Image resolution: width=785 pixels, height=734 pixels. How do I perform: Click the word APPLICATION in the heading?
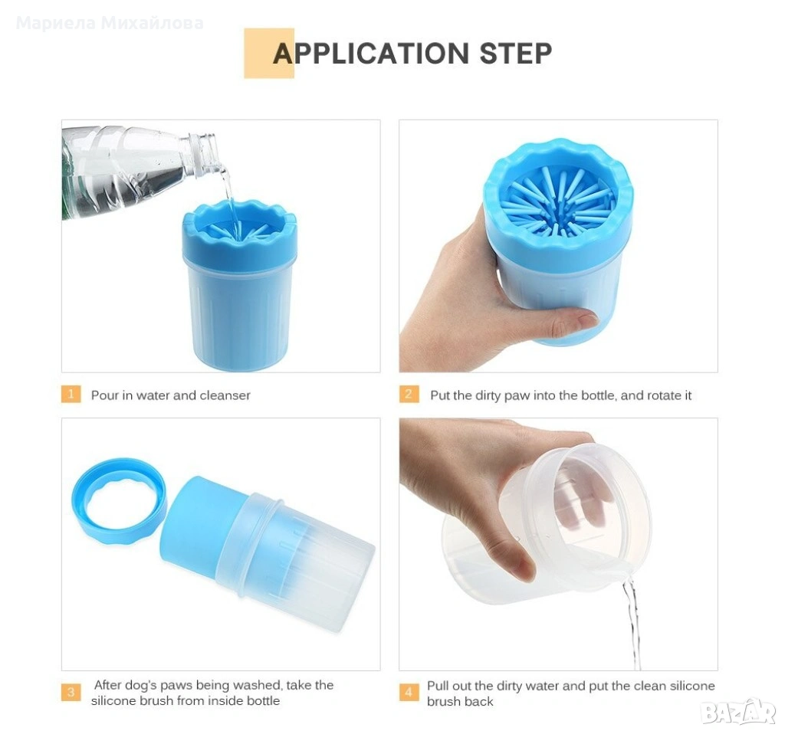(x=370, y=54)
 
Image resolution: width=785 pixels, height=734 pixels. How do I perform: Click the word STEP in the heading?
(x=516, y=54)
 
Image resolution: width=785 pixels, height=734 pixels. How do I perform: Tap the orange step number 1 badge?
(x=71, y=395)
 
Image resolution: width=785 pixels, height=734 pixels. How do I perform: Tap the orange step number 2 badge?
(x=409, y=395)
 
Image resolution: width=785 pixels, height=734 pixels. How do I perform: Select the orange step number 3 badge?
(x=71, y=693)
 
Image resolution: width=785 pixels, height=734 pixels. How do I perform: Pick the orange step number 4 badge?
(x=409, y=693)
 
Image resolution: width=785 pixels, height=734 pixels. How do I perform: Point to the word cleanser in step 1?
(x=225, y=395)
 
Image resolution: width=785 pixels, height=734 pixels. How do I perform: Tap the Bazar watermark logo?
(x=738, y=712)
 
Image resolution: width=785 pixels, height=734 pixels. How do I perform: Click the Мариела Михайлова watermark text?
(x=110, y=23)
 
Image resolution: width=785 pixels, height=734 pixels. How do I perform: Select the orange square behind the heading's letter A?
(x=269, y=53)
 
